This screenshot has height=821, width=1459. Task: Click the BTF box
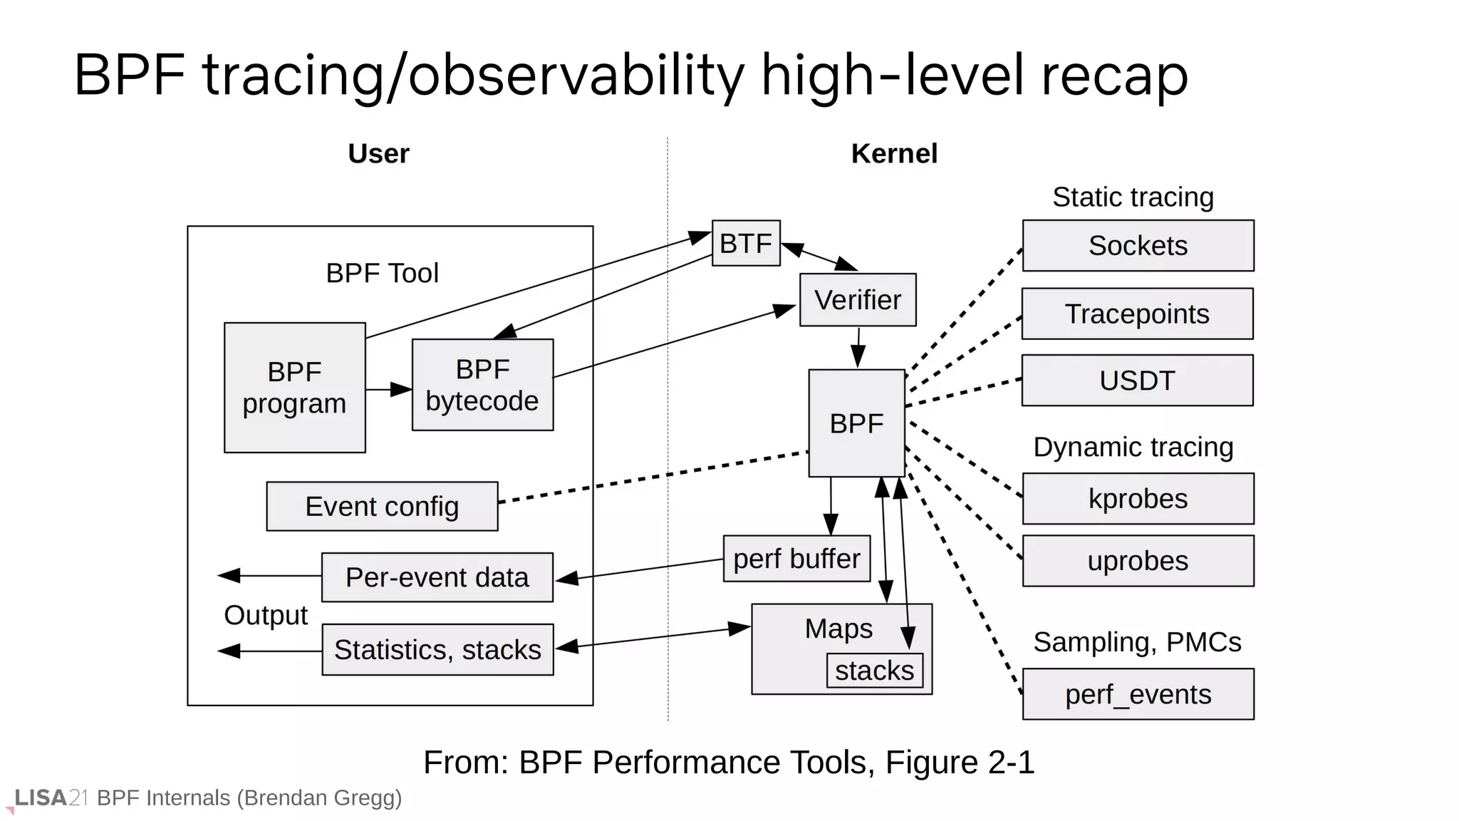pos(746,243)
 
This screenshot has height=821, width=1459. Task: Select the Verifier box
pos(857,300)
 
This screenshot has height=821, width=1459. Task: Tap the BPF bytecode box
pos(482,385)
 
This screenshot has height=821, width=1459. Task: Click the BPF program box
pos(294,388)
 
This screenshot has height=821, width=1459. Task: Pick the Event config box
pos(382,507)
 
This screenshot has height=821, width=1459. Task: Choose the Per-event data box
pos(437,577)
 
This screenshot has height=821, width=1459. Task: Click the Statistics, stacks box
pos(437,650)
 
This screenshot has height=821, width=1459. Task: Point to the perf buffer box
pos(796,559)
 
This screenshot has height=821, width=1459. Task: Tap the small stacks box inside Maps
pos(874,671)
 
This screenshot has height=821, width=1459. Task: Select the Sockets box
pos(1138,246)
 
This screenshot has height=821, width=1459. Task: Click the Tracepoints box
pos(1137,314)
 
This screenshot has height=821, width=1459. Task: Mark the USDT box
pos(1137,381)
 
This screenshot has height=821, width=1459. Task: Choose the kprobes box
pos(1138,499)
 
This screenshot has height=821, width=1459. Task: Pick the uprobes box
pos(1138,561)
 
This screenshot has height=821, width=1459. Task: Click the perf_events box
pos(1138,694)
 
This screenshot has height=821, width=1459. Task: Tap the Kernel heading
pos(893,154)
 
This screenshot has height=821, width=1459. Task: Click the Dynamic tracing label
pos(1133,448)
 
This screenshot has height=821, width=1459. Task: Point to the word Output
pos(265,615)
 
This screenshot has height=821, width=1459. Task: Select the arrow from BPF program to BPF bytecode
pos(389,390)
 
